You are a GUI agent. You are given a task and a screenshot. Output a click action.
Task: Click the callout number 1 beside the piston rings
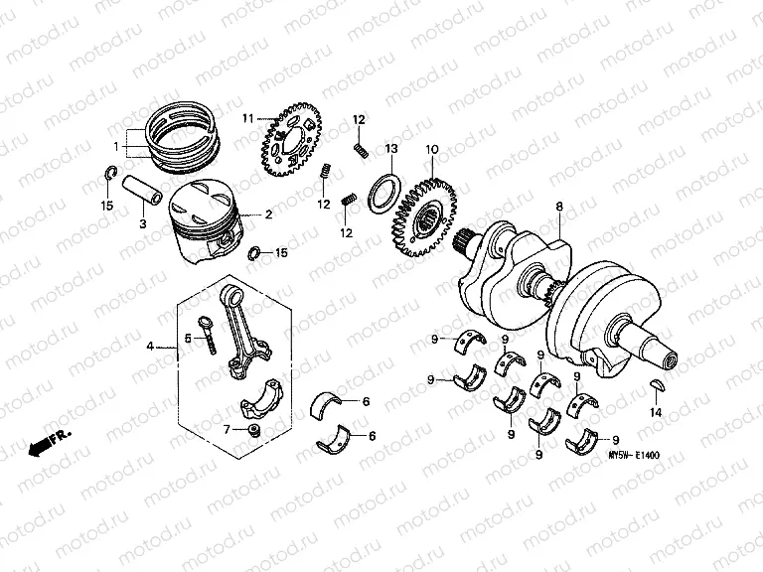(116, 147)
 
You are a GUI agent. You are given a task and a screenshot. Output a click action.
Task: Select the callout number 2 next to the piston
(267, 214)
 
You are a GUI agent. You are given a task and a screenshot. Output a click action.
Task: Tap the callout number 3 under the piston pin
(142, 224)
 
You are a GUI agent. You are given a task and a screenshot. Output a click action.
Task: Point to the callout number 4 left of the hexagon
(150, 347)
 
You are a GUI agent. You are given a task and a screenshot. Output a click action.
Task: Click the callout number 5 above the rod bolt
(186, 337)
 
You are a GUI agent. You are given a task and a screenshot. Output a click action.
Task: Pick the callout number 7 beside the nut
(227, 429)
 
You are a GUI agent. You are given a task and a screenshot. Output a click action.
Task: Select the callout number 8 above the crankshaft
(558, 207)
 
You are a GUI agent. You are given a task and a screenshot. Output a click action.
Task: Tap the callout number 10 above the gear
(431, 150)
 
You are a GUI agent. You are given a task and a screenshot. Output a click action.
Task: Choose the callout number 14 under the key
(655, 411)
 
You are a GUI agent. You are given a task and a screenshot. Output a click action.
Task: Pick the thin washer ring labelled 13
(384, 190)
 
